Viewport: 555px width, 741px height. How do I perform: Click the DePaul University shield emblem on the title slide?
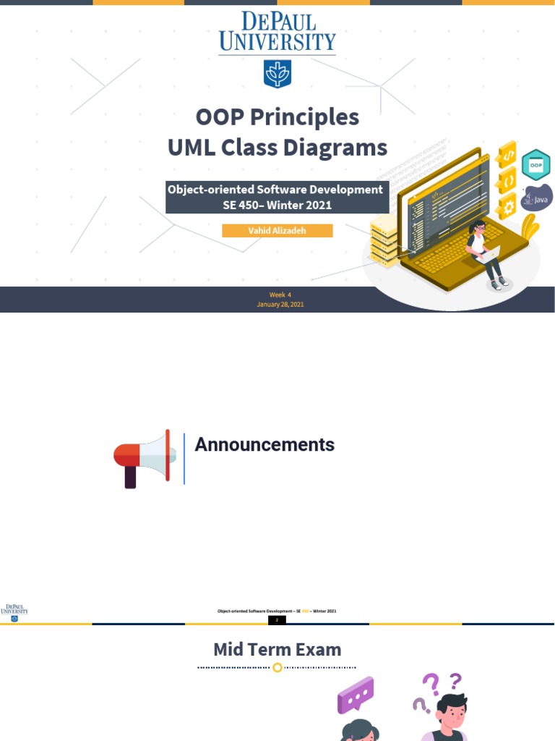coord(277,74)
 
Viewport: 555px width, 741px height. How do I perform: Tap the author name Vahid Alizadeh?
coord(277,231)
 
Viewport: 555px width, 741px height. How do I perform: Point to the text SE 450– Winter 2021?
coord(277,205)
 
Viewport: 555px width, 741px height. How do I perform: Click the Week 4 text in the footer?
coord(280,295)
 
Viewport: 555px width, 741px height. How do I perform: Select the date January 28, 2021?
coord(280,305)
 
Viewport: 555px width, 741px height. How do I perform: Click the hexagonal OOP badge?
coord(535,165)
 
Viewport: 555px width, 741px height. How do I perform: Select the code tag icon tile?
coord(508,154)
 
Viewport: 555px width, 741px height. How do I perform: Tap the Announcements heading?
coord(264,445)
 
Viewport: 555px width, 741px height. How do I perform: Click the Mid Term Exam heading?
coord(277,649)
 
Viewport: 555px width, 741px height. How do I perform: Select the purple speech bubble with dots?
coord(356,695)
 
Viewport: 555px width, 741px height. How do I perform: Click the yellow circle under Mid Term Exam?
coord(277,667)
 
